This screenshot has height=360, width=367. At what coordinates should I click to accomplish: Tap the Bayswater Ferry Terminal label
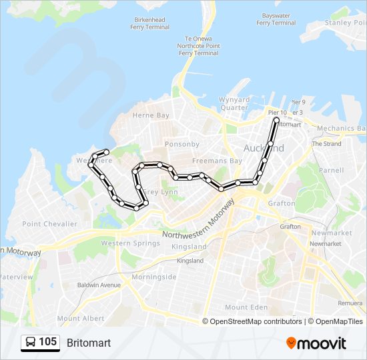pos(276,19)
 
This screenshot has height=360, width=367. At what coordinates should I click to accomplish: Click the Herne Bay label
pos(151,115)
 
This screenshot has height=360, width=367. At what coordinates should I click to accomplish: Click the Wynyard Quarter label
pos(234,103)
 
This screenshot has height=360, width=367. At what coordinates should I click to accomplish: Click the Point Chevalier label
pos(50,224)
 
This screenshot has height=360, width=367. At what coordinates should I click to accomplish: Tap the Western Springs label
pos(125,243)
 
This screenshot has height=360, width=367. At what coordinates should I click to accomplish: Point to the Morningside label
pos(154,277)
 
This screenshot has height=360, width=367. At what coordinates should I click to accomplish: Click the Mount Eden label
pos(246,307)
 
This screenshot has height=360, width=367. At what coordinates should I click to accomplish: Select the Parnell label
pos(331,170)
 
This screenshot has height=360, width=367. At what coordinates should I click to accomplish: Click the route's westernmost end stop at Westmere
pos(106,153)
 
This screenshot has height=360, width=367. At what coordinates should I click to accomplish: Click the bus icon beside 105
pos(31,343)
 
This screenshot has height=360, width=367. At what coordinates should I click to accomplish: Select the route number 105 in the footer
pos(47,343)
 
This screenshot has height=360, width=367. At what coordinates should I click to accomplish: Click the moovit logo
pos(316,343)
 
